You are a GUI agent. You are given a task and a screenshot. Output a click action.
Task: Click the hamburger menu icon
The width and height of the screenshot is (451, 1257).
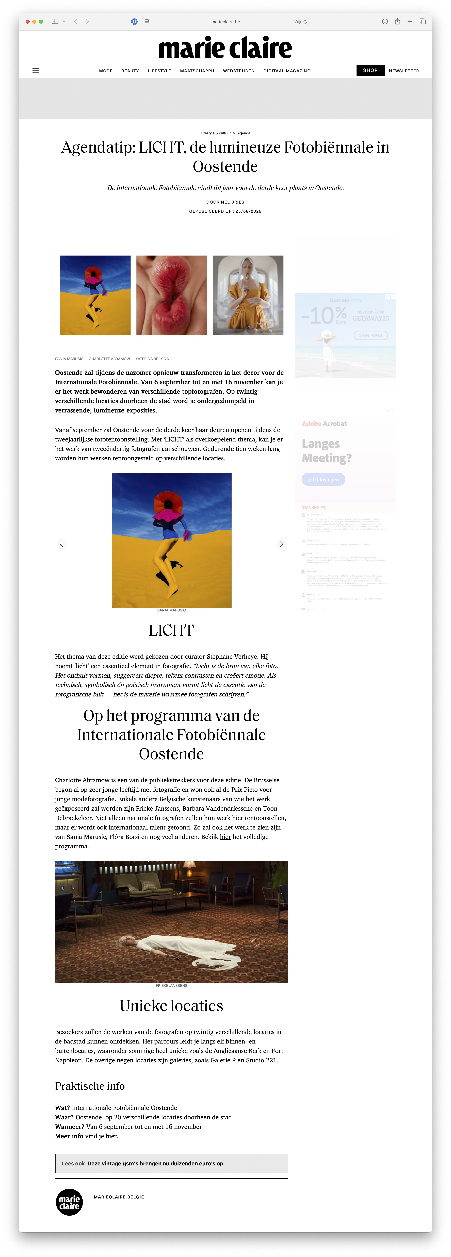(36, 71)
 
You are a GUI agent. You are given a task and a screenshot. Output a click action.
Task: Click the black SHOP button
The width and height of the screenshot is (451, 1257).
(370, 70)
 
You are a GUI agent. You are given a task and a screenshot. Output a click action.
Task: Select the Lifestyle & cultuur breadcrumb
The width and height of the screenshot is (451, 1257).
(216, 133)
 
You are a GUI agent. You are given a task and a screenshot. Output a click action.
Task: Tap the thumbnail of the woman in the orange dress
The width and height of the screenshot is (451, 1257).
(248, 295)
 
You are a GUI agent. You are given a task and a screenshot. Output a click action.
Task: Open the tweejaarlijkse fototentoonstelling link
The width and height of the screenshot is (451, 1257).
(101, 439)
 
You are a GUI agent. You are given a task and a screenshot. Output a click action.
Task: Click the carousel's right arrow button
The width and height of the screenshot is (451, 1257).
(281, 544)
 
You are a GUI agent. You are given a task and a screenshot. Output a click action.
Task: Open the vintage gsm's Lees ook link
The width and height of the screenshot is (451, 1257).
(155, 1163)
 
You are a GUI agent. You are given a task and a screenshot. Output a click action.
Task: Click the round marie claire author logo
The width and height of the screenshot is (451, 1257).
(69, 1202)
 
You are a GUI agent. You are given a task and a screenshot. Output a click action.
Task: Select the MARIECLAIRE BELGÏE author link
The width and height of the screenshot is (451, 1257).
(119, 1197)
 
